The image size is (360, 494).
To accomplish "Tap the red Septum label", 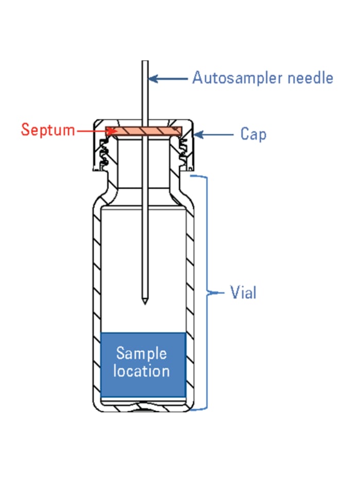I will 48,129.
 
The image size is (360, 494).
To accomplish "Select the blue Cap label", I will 253,134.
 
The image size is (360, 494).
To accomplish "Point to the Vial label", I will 243,293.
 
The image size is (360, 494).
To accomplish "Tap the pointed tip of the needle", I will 145,302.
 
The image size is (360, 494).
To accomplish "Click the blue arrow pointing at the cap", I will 213,135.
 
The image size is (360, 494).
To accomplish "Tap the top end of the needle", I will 145,63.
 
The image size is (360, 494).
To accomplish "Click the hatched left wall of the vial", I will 96,288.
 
